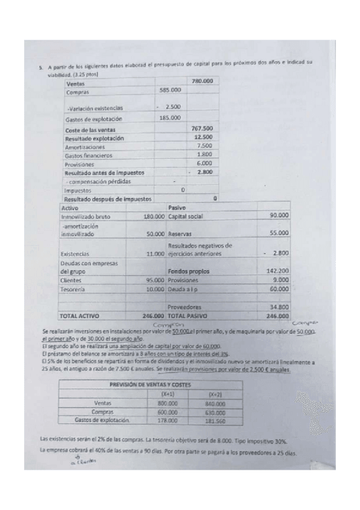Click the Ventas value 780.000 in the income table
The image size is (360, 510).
pos(201,81)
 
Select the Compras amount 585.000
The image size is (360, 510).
pos(170,90)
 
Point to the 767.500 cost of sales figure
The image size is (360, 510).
pos(202,128)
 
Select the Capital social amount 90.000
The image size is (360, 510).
pos(279,215)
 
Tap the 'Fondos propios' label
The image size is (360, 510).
pos(189,271)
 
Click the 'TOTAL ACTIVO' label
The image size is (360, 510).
pos(80,315)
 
